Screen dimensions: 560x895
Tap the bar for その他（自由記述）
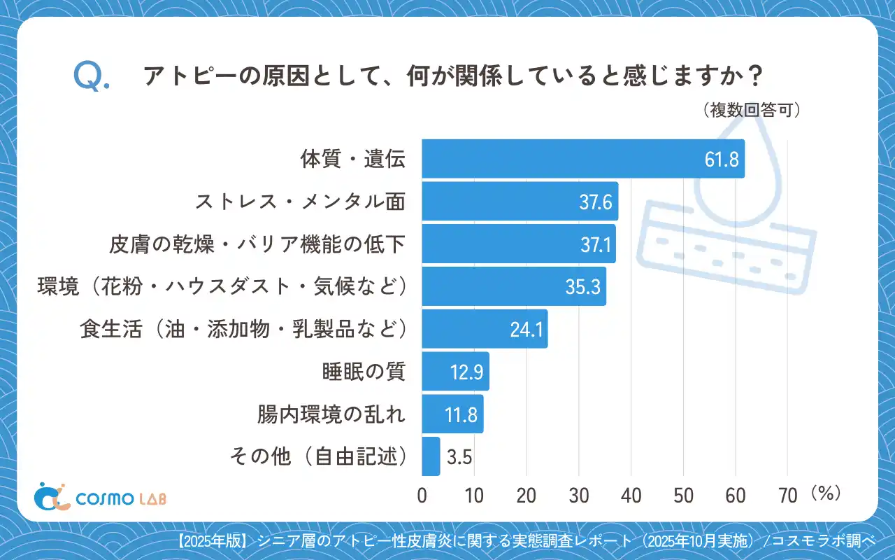tap(431, 456)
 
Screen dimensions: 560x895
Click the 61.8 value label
tap(722, 160)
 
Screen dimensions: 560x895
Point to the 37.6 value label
tap(596, 202)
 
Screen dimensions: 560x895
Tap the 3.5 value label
tap(459, 457)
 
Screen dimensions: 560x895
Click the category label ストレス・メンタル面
tap(300, 202)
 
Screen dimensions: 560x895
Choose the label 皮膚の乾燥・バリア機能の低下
tap(257, 244)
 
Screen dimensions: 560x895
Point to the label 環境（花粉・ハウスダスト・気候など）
tap(222, 287)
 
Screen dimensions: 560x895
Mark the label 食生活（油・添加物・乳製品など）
tap(243, 329)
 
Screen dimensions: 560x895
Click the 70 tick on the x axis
tap(788, 496)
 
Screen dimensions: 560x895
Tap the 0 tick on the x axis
tap(422, 496)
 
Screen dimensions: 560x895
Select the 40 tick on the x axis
tap(631, 496)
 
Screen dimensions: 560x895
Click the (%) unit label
tap(825, 493)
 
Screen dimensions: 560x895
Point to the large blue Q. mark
tap(90, 77)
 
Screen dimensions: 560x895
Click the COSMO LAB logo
tap(101, 497)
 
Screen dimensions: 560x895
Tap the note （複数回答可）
tap(751, 111)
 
